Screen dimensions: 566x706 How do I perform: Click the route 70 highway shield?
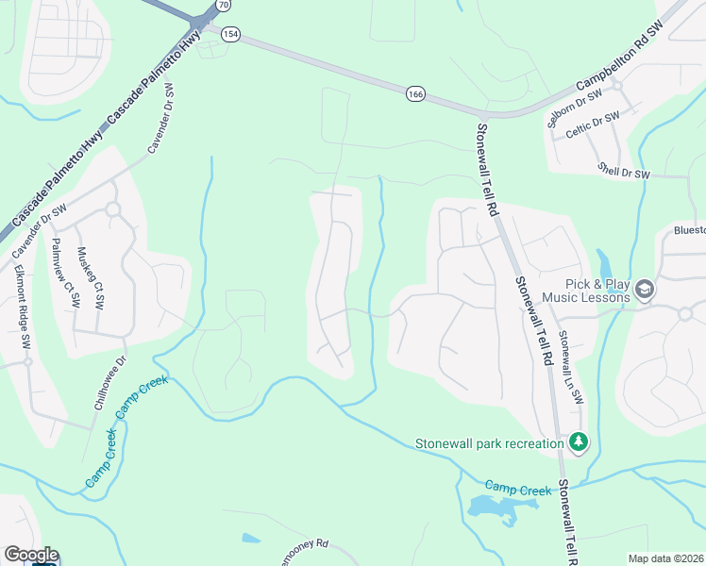[223, 5]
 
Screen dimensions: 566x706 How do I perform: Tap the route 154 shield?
[230, 34]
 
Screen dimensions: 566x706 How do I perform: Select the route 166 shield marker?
[415, 93]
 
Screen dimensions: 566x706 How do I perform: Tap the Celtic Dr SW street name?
[594, 126]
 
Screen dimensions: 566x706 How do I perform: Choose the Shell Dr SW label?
[624, 171]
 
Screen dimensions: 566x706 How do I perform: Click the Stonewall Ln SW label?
[571, 368]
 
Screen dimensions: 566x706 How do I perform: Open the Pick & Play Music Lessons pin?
[645, 289]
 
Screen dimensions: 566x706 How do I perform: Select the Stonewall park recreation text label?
[489, 443]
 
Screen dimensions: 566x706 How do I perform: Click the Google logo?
[30, 555]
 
